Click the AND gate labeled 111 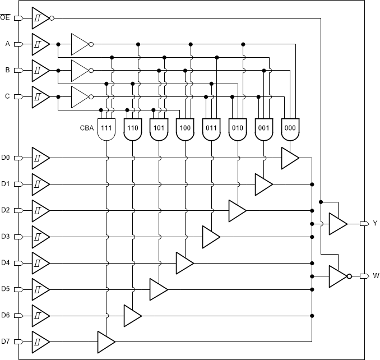(x=106, y=128)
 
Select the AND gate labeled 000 (x=290, y=128)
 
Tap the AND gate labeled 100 (x=185, y=128)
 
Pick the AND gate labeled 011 (x=211, y=128)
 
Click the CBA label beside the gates (x=87, y=128)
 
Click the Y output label (x=376, y=223)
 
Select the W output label (x=376, y=276)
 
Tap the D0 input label (x=6, y=158)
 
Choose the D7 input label (x=6, y=341)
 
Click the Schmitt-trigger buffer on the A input (x=39, y=43)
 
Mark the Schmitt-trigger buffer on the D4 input (x=39, y=262)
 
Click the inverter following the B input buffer (x=80, y=70)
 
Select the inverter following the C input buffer (x=80, y=96)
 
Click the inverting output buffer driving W (x=339, y=276)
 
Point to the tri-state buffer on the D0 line (x=290, y=158)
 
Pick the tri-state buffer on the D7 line (x=105, y=341)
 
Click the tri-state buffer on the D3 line (x=211, y=237)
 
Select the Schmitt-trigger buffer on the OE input (x=39, y=17)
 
